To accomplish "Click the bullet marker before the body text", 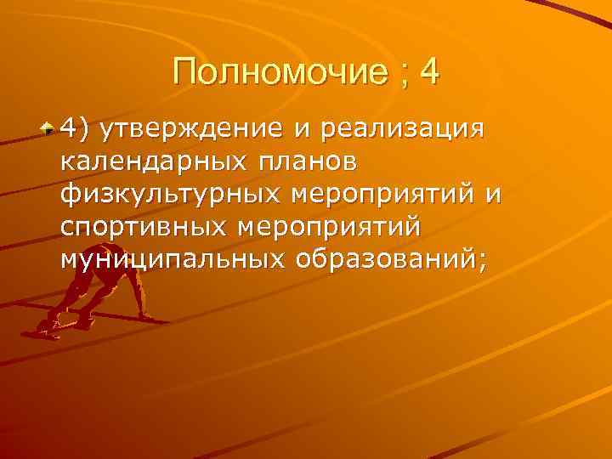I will (x=50, y=127).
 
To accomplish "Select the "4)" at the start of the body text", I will (x=75, y=128).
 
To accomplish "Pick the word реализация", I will (x=395, y=128).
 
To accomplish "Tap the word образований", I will (x=382, y=258).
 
